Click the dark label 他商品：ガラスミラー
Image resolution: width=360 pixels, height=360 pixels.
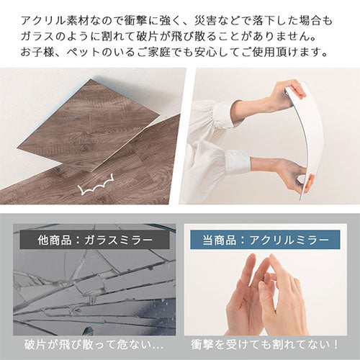95,240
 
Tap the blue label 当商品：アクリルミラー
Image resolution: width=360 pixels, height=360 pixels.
265,240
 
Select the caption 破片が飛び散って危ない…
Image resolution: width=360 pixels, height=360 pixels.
94,345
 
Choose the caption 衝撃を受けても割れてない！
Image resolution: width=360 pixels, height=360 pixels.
265,345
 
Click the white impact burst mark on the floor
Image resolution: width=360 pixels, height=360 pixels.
96,186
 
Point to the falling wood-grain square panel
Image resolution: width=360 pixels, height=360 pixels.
89,125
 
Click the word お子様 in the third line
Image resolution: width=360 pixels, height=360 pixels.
38,53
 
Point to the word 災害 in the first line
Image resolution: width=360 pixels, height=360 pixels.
206,21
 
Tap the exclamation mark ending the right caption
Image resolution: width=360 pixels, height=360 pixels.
336,345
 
